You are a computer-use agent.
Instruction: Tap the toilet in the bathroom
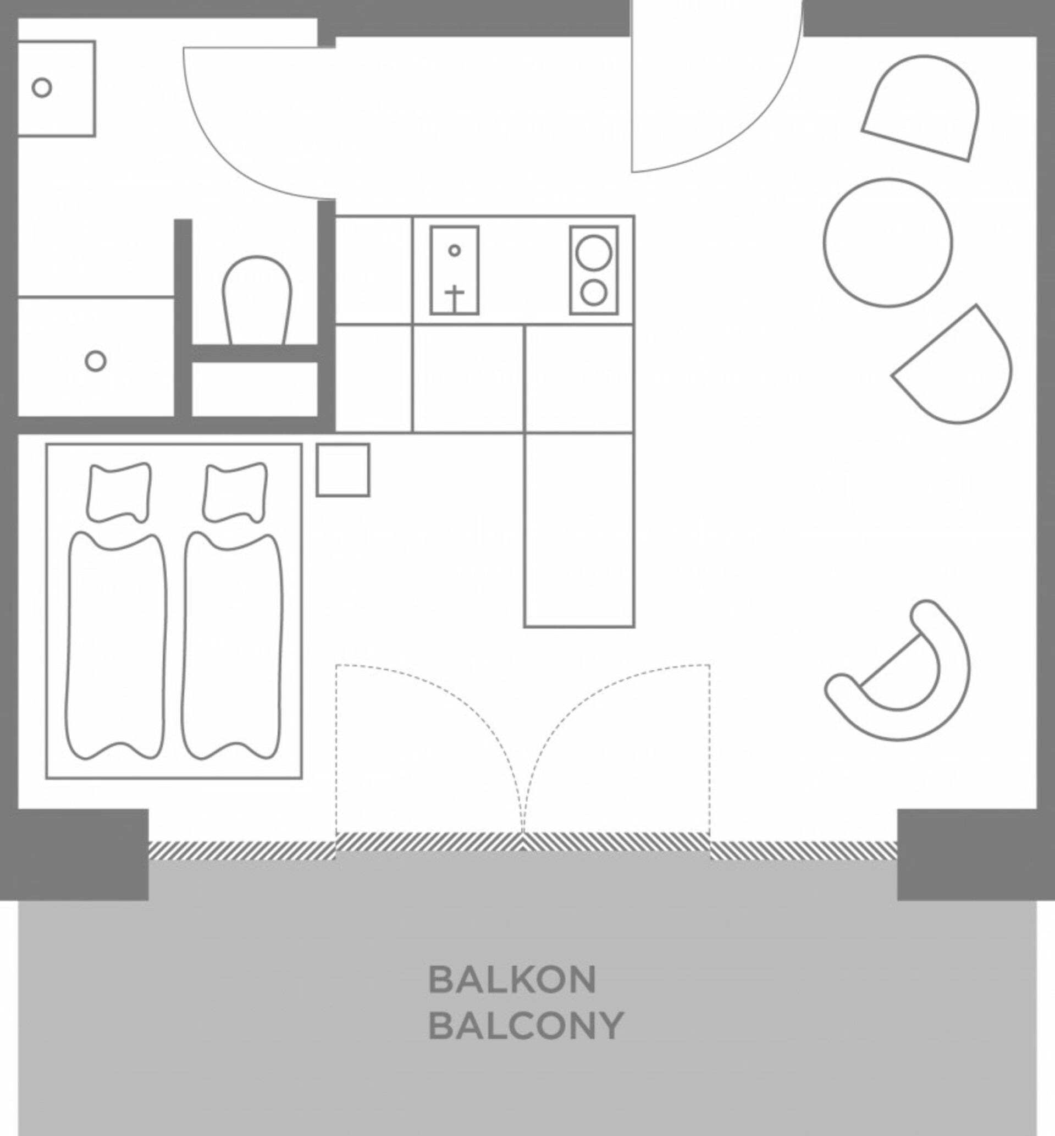coord(257,300)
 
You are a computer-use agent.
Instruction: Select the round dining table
coord(888,242)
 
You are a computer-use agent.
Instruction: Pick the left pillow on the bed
coord(119,492)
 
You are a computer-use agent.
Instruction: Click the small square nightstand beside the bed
coord(343,470)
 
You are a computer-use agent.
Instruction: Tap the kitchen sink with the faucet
coord(455,270)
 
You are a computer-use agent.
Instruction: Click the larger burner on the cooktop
coord(594,252)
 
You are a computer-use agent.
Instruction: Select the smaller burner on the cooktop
coord(594,293)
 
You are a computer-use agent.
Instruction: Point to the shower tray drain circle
coord(95,361)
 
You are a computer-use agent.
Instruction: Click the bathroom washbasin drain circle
coord(42,87)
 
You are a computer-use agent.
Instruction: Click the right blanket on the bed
coord(233,646)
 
